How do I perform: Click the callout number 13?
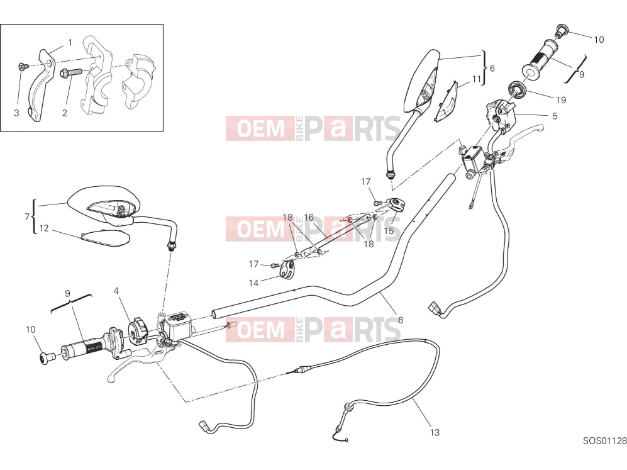435,432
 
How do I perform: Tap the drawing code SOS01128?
604,441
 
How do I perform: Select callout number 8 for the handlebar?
401,320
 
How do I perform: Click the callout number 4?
116,291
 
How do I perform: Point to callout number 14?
253,283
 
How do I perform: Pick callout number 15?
389,231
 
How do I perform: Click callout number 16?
309,218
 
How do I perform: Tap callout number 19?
561,99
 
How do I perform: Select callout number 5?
555,116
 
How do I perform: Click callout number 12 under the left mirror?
43,228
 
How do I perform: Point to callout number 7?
27,217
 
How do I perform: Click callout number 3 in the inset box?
16,113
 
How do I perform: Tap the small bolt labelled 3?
23,67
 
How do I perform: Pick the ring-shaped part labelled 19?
518,91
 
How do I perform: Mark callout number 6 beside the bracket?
492,69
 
